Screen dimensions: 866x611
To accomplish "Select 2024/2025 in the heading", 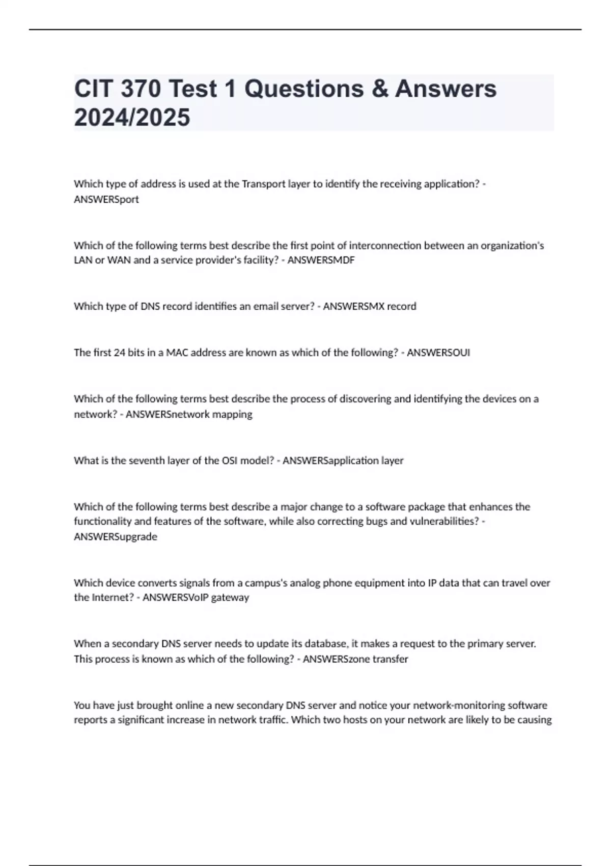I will pos(132,117).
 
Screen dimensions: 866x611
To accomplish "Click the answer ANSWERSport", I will pos(106,199).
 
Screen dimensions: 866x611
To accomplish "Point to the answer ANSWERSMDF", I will pos(321,260).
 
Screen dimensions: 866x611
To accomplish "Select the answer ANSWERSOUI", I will pos(438,353).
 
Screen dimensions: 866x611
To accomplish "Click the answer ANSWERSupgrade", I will pos(116,536).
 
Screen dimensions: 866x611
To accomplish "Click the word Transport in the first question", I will pos(263,184).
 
